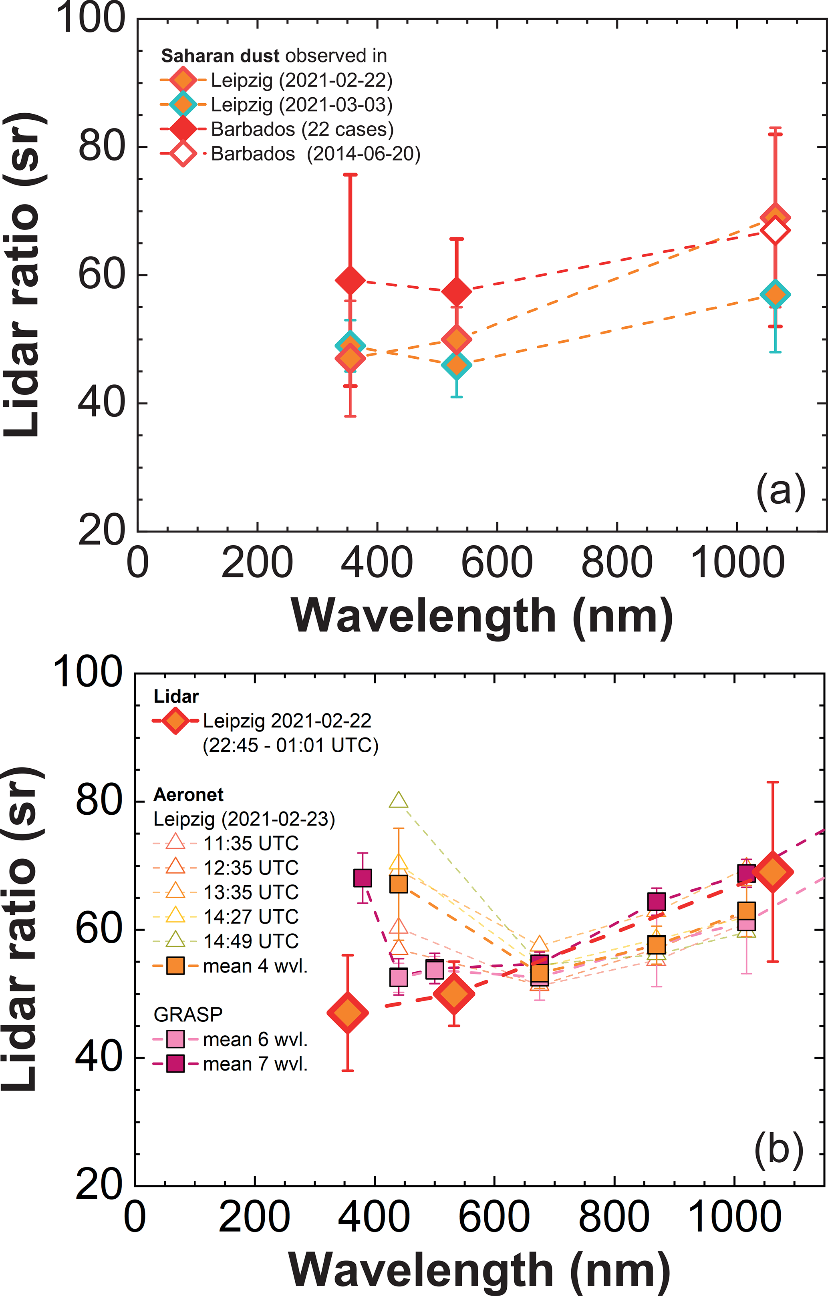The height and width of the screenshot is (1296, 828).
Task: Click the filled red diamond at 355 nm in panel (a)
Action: [x=351, y=280]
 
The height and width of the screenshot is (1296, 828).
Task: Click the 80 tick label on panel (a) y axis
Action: [x=101, y=147]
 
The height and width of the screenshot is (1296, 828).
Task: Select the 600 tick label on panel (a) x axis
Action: [x=496, y=563]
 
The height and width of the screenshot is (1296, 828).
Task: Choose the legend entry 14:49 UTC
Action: [x=251, y=941]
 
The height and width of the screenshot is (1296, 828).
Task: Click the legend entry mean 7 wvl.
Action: [x=255, y=1064]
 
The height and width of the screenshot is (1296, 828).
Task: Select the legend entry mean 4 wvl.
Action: [x=255, y=966]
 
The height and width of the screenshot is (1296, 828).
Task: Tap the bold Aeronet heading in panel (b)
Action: [x=188, y=795]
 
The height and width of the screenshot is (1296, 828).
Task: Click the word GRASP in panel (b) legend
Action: [x=188, y=1015]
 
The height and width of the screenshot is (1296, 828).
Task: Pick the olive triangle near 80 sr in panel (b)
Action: [x=399, y=800]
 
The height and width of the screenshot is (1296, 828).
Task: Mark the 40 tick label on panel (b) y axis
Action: [x=99, y=1057]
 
